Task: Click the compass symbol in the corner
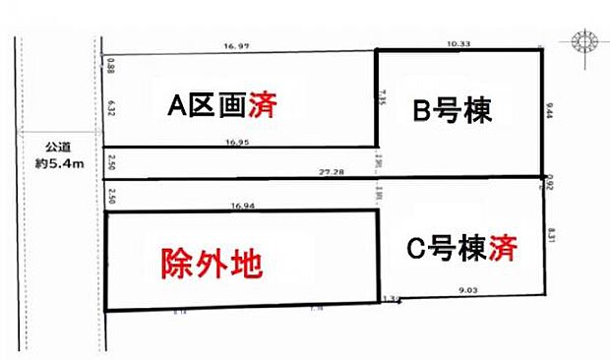[x=582, y=42]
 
